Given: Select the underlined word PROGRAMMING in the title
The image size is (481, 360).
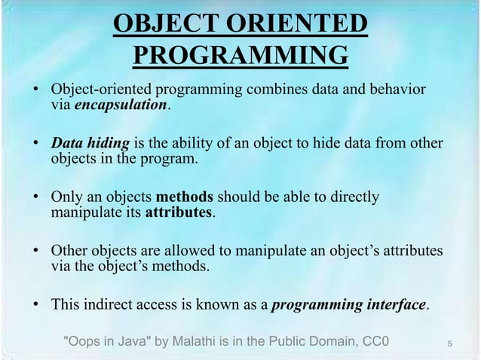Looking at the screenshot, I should pyautogui.click(x=240, y=55).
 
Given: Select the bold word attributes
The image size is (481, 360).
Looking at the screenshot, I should pyautogui.click(x=179, y=213).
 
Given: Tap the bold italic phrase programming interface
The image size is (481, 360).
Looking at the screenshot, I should pyautogui.click(x=348, y=306).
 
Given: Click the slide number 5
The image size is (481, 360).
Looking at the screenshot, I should pyautogui.click(x=449, y=345).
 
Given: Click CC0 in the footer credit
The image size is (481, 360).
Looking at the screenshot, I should pyautogui.click(x=374, y=343).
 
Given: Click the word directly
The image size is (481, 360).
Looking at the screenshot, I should pyautogui.click(x=355, y=198).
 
